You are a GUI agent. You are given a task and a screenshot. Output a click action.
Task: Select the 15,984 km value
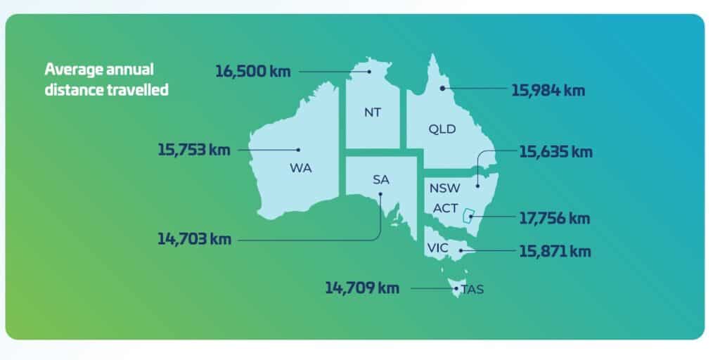546,90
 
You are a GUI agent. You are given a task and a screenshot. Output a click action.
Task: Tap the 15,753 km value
194,150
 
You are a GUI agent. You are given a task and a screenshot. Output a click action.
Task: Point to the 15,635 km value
555,151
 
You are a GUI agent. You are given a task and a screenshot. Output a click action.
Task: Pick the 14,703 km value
194,239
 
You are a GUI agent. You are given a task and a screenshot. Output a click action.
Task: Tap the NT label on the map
373,112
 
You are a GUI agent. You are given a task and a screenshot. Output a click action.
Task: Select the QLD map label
442,129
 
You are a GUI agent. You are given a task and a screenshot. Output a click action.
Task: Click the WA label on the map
300,168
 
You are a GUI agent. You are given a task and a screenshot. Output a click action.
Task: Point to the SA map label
380,179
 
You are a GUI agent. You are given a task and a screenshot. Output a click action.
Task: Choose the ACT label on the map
446,208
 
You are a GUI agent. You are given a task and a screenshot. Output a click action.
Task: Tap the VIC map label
437,247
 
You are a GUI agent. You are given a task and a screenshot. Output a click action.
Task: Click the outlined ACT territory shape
465,216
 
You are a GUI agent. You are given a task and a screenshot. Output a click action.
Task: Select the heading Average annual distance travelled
106,79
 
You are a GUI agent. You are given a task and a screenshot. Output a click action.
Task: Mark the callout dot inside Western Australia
298,149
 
